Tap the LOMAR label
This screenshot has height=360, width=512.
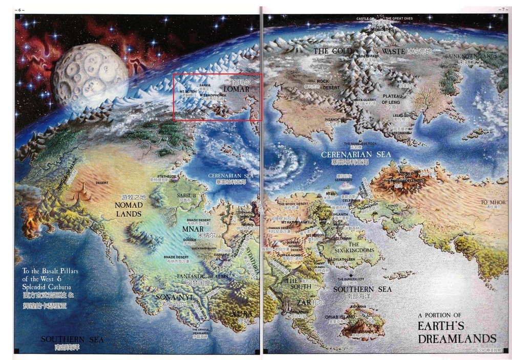pyautogui.click(x=236, y=89)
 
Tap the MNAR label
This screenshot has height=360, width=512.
pyautogui.click(x=193, y=230)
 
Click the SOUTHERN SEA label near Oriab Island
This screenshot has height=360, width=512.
pyautogui.click(x=362, y=289)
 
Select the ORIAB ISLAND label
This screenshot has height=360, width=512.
pyautogui.click(x=339, y=317)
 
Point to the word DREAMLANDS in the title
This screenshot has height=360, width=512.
pyautogui.click(x=457, y=338)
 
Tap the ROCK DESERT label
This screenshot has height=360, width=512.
pyautogui.click(x=322, y=84)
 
